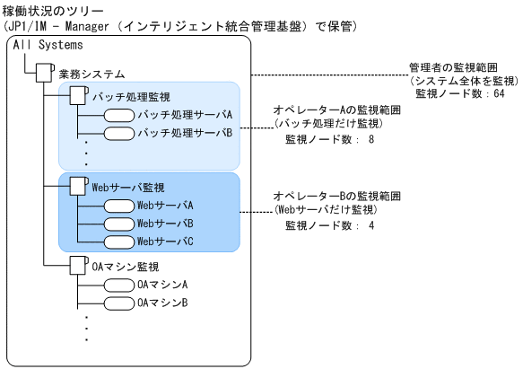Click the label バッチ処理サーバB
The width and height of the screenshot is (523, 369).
click(185, 133)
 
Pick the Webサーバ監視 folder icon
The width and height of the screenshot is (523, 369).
click(78, 187)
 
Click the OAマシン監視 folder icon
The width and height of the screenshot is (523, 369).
click(78, 266)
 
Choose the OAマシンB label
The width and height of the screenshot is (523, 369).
click(162, 303)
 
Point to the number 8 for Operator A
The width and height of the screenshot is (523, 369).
click(370, 140)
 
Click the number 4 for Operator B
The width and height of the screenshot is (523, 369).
click(370, 225)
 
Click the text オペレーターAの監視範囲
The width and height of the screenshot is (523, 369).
click(336, 110)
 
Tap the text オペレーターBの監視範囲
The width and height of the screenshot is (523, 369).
click(336, 195)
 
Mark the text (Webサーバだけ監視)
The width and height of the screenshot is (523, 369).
click(325, 210)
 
